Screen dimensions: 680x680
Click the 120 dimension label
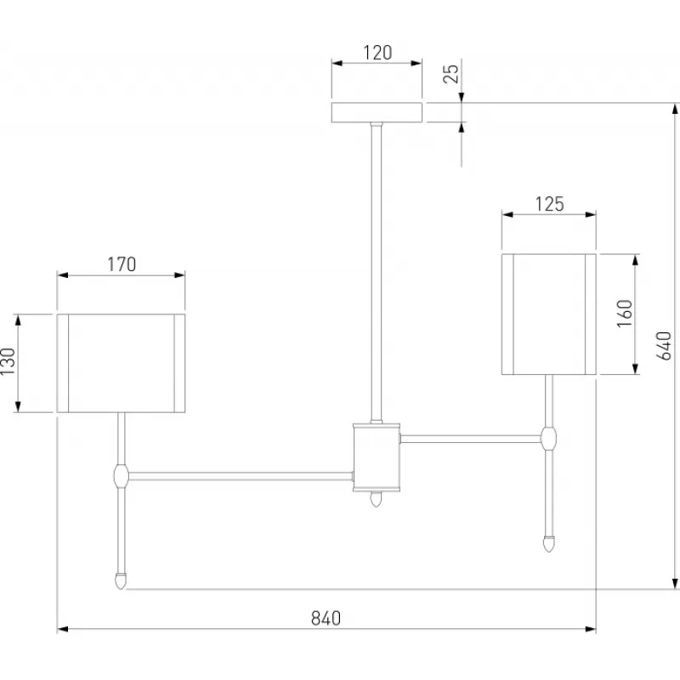(x=377, y=52)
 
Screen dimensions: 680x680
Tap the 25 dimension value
(x=451, y=74)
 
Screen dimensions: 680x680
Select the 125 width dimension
(x=550, y=204)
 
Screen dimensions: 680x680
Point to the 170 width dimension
(x=122, y=264)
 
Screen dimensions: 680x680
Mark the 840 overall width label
(x=326, y=618)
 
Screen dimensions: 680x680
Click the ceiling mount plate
(x=377, y=113)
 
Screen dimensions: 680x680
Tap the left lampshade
(x=121, y=363)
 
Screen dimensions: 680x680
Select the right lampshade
(x=549, y=314)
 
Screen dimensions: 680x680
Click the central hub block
(x=377, y=456)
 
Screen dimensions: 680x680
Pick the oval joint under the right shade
(x=550, y=439)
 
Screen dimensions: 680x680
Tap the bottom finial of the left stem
(x=122, y=581)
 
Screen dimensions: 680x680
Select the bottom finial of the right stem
(x=550, y=541)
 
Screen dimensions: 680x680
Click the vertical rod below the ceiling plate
(x=377, y=272)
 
